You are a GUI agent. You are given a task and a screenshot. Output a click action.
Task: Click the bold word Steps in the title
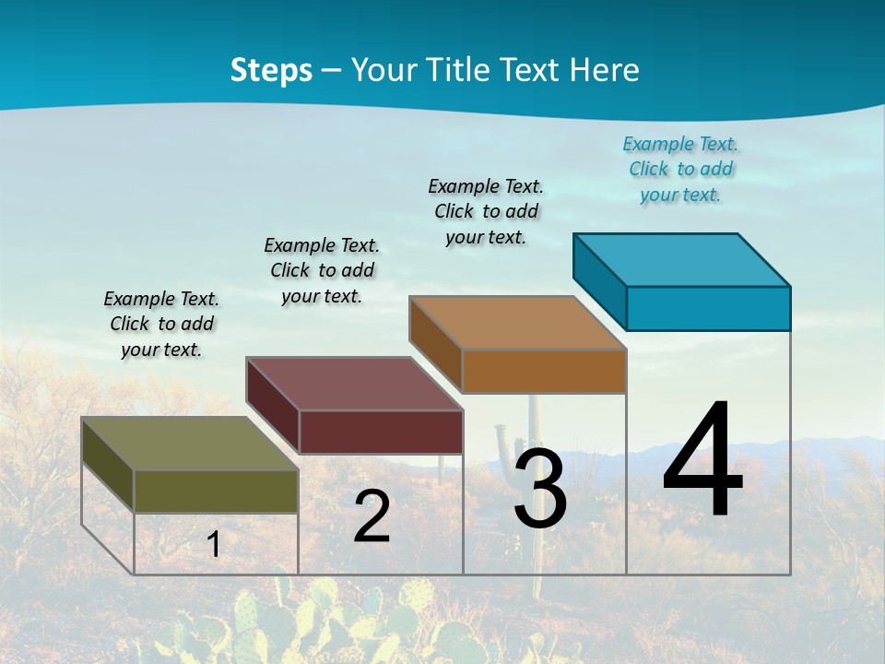271,70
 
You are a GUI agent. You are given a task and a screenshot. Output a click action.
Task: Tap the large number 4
703,461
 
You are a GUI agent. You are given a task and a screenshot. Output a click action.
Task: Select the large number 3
540,489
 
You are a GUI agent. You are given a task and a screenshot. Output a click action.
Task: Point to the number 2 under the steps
372,516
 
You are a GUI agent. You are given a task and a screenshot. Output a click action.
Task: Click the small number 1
213,544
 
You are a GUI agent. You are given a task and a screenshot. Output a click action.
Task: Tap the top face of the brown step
518,323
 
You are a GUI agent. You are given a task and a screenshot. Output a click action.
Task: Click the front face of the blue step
708,308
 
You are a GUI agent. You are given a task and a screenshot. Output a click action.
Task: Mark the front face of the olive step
216,491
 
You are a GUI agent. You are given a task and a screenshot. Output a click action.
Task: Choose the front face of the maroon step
381,432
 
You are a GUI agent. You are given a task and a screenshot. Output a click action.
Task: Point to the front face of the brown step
544,371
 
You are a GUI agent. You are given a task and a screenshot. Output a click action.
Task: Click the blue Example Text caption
680,170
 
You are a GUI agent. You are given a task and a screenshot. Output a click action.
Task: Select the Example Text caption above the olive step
161,324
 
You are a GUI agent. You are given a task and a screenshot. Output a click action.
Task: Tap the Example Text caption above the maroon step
322,270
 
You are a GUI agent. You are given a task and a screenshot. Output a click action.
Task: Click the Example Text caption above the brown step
486,211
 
